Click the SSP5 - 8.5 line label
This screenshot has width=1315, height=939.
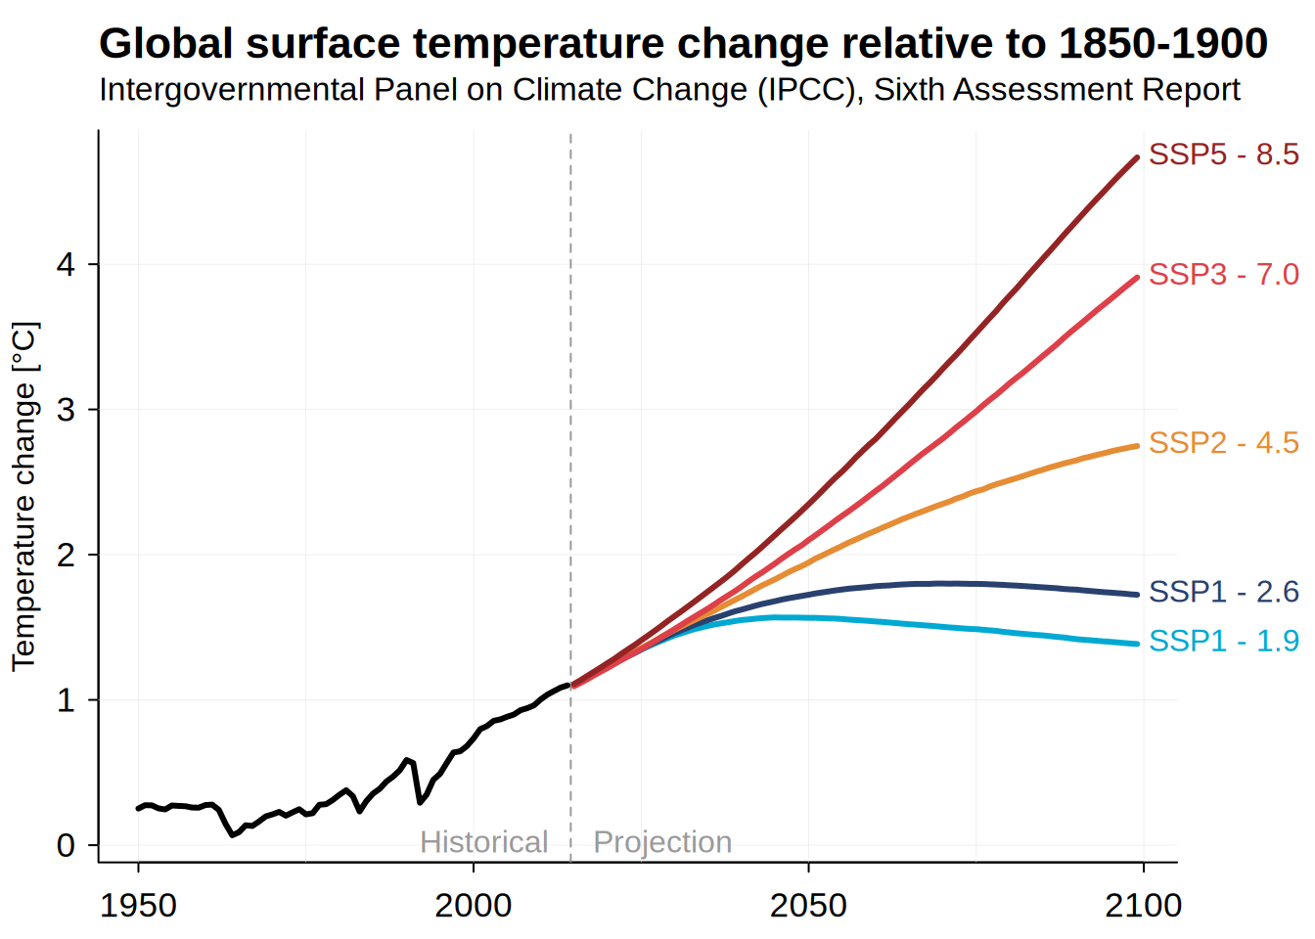(1223, 155)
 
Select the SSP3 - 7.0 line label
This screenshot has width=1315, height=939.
(1223, 275)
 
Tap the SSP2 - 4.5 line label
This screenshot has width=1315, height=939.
(1223, 443)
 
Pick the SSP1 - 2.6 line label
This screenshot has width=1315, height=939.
(1223, 592)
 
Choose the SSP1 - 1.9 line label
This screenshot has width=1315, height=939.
(1223, 641)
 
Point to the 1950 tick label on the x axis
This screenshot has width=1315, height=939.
(138, 906)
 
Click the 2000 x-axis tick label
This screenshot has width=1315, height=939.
(474, 906)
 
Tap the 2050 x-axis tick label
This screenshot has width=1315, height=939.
(808, 906)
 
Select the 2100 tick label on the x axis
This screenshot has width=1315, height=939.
(1143, 906)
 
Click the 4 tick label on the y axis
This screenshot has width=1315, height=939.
(66, 265)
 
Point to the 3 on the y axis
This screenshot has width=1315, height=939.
(67, 410)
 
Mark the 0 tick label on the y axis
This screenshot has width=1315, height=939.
(67, 846)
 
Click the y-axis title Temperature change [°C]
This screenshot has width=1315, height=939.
(25, 497)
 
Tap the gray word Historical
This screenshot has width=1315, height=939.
(483, 842)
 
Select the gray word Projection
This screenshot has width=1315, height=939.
(662, 843)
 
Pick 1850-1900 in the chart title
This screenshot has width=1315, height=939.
(1163, 43)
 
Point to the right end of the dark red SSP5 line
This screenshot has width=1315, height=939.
(1137, 157)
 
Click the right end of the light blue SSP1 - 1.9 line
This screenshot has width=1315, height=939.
(1138, 644)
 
